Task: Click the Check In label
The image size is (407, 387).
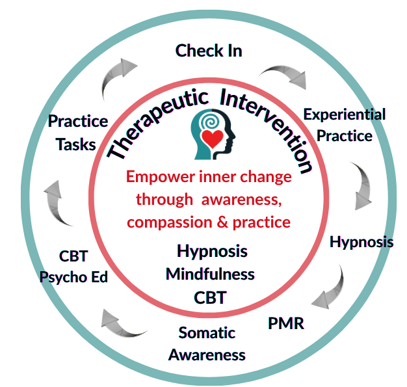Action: (209, 51)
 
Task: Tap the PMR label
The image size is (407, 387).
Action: (286, 323)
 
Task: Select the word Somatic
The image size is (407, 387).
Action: (207, 333)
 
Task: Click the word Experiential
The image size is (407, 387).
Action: (344, 115)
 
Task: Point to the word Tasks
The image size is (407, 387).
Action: (76, 144)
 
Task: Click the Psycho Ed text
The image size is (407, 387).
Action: (73, 276)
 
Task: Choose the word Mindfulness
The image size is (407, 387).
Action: (210, 274)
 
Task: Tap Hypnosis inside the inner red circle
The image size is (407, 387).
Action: (212, 250)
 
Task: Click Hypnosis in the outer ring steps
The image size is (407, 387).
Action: (361, 242)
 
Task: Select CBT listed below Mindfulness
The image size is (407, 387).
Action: (210, 298)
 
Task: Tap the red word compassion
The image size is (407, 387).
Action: (167, 222)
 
